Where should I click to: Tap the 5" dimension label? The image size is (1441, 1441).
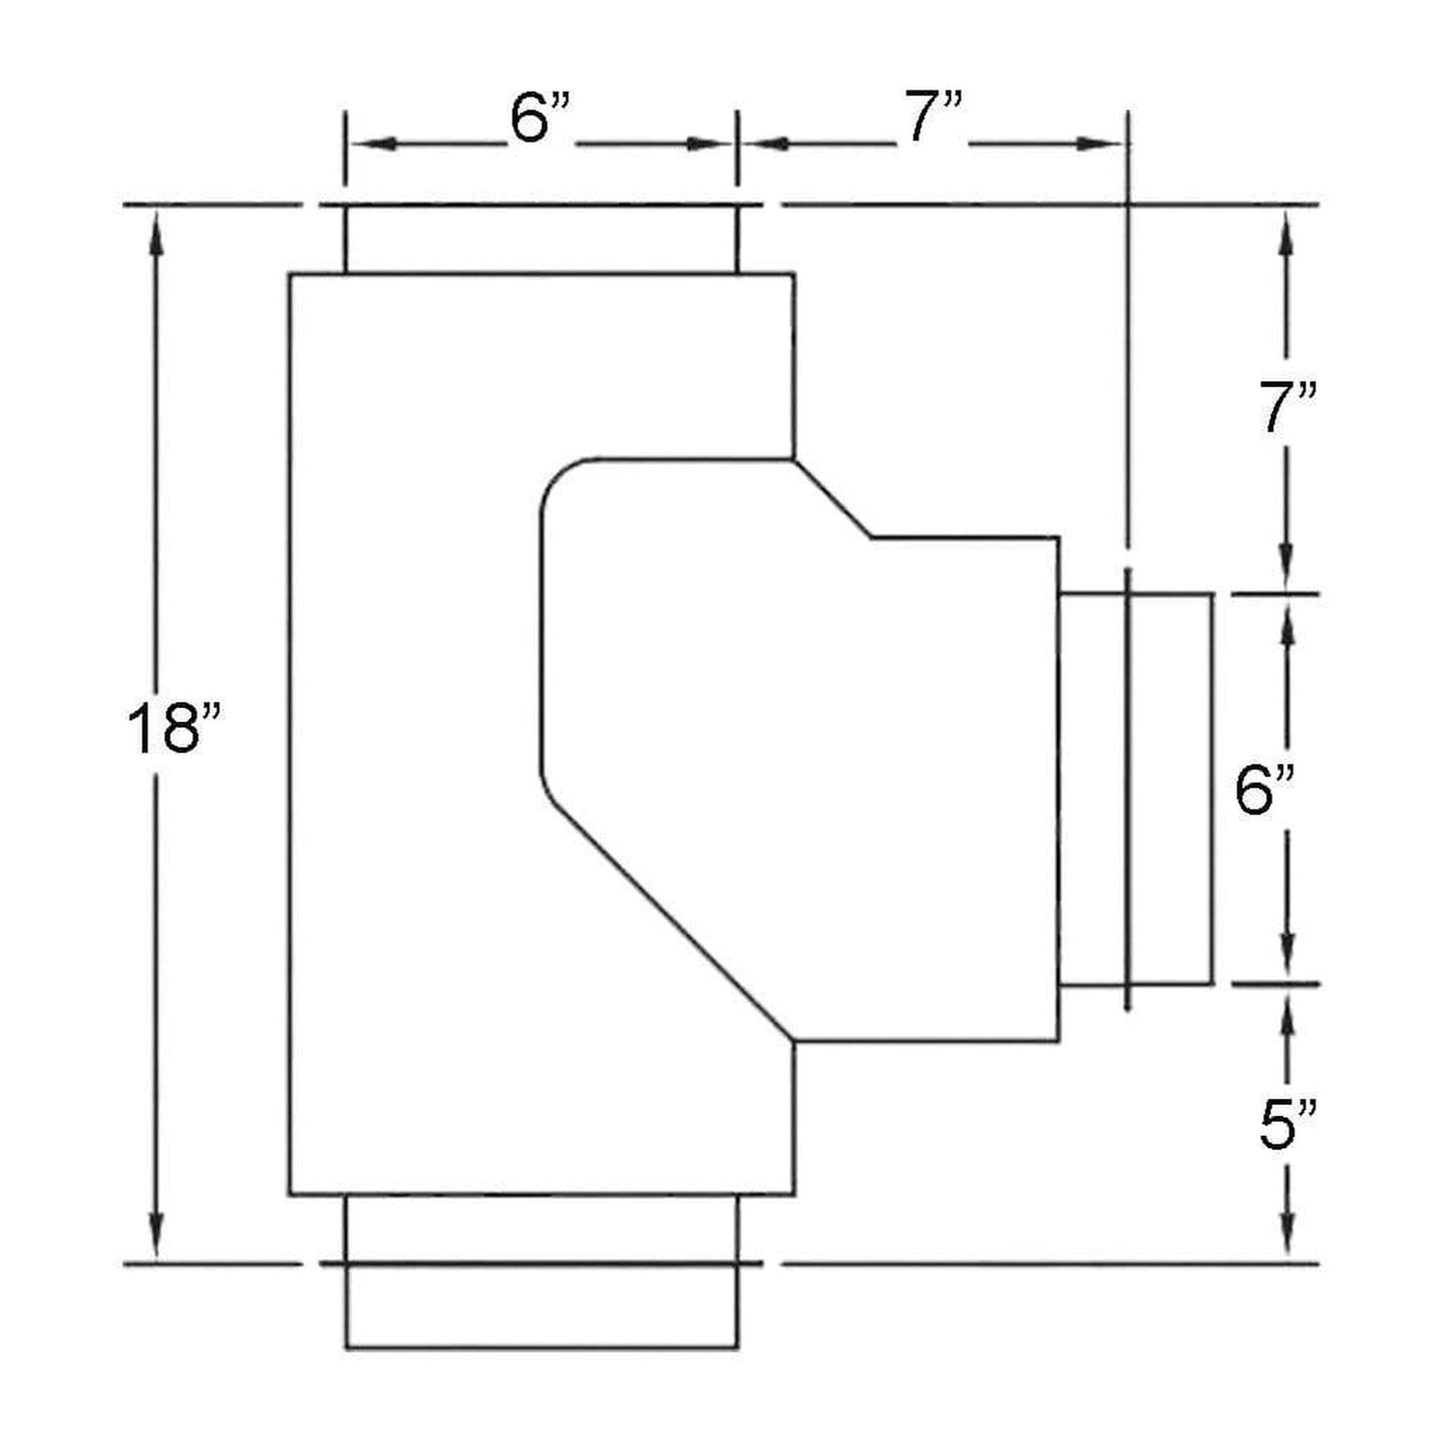coord(1287,1124)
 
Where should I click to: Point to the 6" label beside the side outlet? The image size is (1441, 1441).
coord(1264,791)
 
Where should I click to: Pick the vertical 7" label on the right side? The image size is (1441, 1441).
coord(1288,408)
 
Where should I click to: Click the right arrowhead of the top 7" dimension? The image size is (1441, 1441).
coord(1107,145)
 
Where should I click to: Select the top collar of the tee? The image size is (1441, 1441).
coord(540,239)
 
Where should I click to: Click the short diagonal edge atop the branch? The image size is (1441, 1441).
coord(834,499)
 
